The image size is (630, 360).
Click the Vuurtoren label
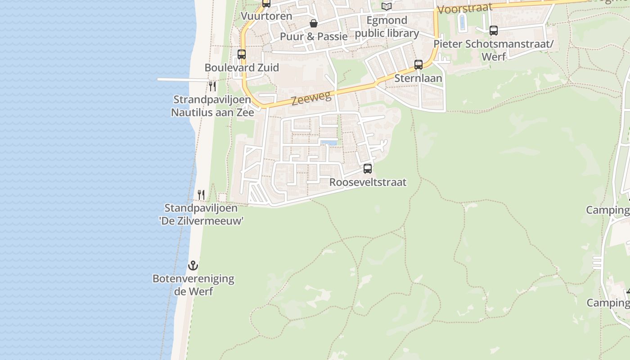click(266, 16)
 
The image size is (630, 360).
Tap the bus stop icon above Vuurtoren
click(266, 3)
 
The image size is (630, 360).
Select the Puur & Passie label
click(314, 36)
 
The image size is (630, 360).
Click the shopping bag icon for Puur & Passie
click(314, 23)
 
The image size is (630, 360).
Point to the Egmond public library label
click(387, 27)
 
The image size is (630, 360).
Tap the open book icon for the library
click(387, 6)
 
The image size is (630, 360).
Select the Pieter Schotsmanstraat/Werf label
click(493, 50)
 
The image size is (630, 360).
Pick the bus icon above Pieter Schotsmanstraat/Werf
click(494, 31)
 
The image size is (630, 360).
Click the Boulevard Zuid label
click(242, 67)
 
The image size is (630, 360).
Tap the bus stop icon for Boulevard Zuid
click(242, 54)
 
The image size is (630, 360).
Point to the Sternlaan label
click(418, 78)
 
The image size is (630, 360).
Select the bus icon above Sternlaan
click(418, 65)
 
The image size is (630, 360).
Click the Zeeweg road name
click(311, 98)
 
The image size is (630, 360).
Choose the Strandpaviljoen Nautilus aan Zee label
click(212, 106)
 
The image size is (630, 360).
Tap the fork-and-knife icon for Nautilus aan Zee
click(212, 86)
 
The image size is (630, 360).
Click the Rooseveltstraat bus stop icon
click(368, 169)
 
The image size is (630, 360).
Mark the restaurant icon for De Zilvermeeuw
click(201, 195)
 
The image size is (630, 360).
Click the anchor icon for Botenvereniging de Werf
click(193, 265)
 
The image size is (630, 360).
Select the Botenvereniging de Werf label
click(193, 285)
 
